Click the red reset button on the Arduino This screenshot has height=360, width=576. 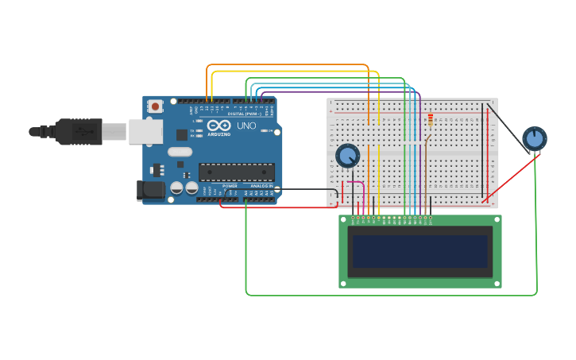coord(155,106)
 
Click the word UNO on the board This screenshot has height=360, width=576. coord(246,126)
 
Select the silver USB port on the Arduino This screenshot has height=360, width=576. coord(145,132)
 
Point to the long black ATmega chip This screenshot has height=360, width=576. coord(236,172)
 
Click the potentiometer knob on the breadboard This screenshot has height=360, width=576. coord(347,155)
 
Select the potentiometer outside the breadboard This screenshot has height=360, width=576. coord(535,138)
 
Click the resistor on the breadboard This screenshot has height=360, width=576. coord(431,120)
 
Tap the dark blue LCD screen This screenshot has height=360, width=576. coord(419,251)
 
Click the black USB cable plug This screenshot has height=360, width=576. coord(79,132)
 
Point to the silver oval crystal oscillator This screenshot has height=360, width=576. coord(180,152)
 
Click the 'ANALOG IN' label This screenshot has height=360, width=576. coord(261,186)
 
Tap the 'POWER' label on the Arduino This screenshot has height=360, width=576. coord(230,186)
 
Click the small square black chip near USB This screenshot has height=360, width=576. coord(182,134)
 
